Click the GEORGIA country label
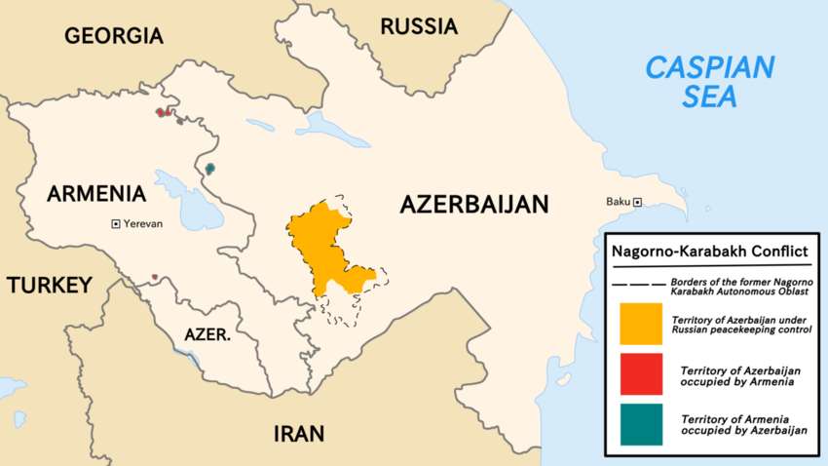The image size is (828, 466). click(x=113, y=36)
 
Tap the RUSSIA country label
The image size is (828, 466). click(x=418, y=26)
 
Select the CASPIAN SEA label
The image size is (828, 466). click(x=711, y=82)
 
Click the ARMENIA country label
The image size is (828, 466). click(x=95, y=194)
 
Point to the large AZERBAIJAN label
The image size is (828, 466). click(x=474, y=204)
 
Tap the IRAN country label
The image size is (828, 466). click(x=298, y=434)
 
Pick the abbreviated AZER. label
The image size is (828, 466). click(x=207, y=334)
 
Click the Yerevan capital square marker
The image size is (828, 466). click(x=116, y=223)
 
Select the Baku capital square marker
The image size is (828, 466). click(x=638, y=202)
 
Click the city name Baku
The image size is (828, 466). click(x=618, y=202)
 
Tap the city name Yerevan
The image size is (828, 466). click(x=143, y=223)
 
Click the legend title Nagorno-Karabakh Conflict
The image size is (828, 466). click(x=708, y=252)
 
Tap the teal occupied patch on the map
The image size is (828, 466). click(x=209, y=169)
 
